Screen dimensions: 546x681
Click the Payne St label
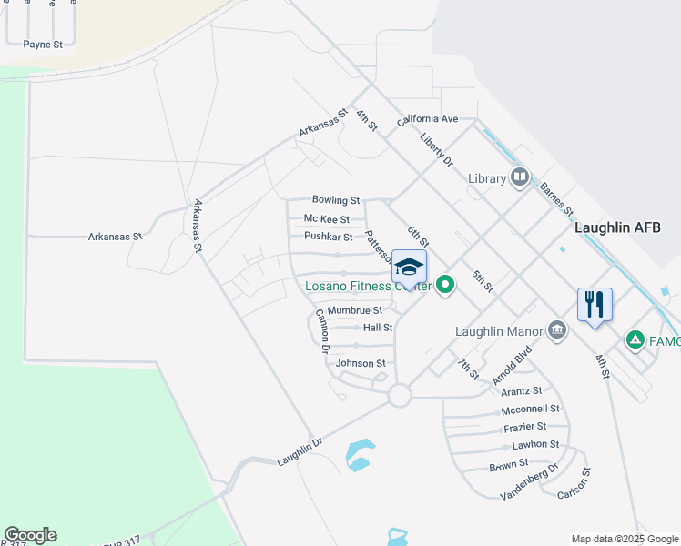(x=43, y=44)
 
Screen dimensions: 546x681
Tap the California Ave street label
(x=427, y=119)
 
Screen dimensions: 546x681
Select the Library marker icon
(x=520, y=177)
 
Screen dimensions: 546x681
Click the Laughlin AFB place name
(x=617, y=227)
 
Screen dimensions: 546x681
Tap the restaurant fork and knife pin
(x=595, y=304)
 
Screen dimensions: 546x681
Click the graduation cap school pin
(x=410, y=267)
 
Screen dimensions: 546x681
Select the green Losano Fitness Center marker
(x=445, y=286)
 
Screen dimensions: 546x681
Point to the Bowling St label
(x=336, y=200)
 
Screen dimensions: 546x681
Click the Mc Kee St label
(x=327, y=219)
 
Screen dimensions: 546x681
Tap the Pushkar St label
(x=329, y=237)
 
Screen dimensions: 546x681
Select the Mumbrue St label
(x=355, y=310)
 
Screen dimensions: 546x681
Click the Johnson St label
(x=361, y=363)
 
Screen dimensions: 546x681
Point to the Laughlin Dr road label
(x=300, y=452)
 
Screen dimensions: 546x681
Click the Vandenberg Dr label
(x=529, y=485)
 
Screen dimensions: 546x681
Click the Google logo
(x=30, y=535)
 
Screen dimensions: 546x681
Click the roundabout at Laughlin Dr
(x=399, y=395)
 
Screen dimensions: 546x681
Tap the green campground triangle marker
(x=635, y=340)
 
